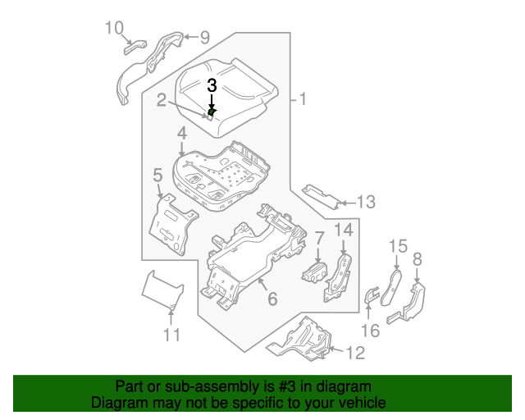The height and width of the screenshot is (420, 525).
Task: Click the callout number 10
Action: click(114, 29)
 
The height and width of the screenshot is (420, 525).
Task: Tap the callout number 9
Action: click(205, 36)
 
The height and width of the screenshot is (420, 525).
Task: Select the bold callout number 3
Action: click(212, 84)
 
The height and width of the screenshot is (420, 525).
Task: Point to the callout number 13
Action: click(365, 201)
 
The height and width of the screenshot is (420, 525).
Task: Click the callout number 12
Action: click(354, 354)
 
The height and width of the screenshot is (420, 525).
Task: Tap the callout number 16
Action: click(370, 331)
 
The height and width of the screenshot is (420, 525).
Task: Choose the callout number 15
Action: click(397, 244)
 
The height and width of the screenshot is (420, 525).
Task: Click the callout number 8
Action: click(418, 259)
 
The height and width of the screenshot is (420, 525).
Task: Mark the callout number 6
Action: click(272, 299)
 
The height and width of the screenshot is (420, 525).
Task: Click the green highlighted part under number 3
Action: click(212, 112)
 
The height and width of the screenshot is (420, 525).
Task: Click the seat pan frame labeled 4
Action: click(221, 172)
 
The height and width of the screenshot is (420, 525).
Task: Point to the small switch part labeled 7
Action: click(316, 273)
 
